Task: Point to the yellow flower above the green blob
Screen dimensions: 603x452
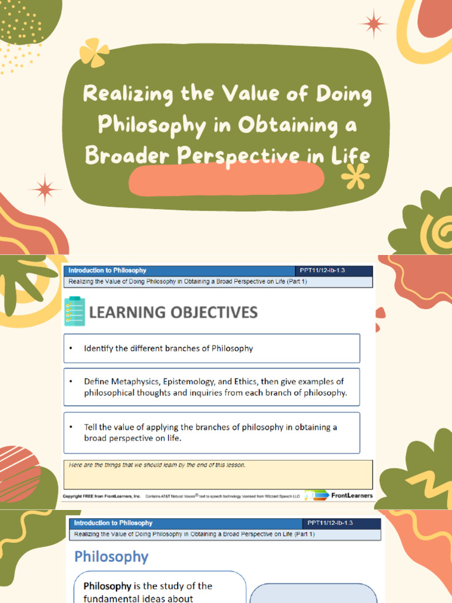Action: tap(94, 52)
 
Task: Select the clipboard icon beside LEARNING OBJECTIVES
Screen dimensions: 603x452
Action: tap(74, 312)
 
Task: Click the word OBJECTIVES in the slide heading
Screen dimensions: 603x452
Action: tap(214, 312)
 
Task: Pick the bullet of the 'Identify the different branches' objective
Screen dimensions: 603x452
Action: tap(71, 349)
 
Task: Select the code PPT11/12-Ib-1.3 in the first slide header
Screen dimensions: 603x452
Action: tap(326, 270)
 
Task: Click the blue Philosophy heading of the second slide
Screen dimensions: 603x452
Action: tap(111, 556)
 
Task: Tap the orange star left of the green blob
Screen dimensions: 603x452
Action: tap(45, 189)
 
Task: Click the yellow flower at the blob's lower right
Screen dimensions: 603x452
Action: tap(355, 175)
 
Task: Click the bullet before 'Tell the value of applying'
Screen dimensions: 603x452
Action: tap(71, 428)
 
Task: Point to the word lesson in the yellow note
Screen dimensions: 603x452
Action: tap(233, 465)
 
